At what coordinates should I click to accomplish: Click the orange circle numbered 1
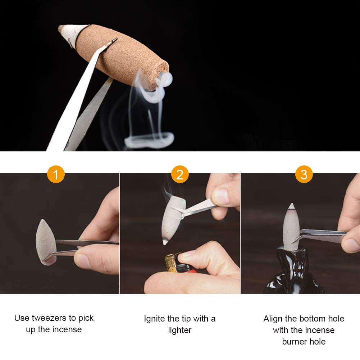click(x=56, y=174)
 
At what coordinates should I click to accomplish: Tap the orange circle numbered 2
click(x=180, y=174)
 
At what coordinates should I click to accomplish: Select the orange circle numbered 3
click(x=304, y=174)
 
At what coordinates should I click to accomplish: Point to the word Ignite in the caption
click(x=155, y=319)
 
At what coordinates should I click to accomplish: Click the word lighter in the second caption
click(x=180, y=330)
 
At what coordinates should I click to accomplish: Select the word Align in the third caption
click(x=273, y=319)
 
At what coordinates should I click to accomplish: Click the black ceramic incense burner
click(x=291, y=273)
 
